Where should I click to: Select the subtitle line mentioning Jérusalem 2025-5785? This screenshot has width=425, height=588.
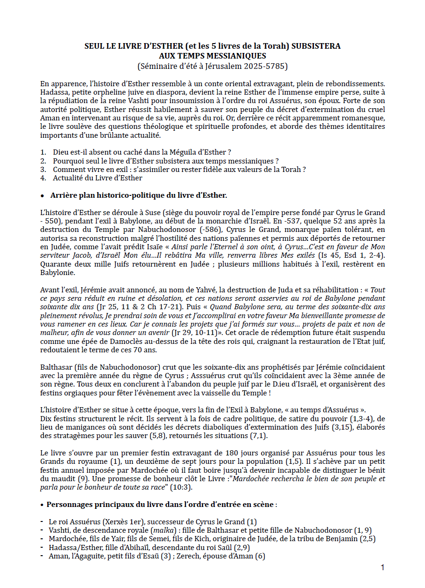coord(212,66)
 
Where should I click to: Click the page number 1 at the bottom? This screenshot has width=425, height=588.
coord(382,567)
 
